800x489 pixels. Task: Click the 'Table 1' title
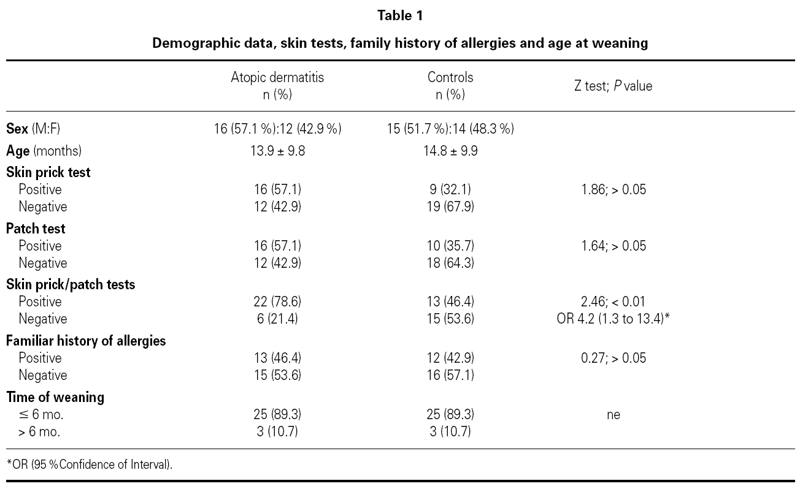pos(400,16)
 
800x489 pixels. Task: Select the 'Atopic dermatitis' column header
pos(277,78)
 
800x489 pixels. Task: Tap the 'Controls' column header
pos(450,78)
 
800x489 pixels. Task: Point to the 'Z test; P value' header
pos(613,86)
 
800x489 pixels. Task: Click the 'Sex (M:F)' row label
pos(33,129)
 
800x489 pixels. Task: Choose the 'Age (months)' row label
pos(44,151)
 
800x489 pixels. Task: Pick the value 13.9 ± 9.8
pos(277,151)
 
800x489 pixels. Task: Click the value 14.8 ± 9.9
pos(450,151)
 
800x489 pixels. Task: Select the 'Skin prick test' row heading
pos(48,172)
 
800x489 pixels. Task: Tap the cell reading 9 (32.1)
pos(450,189)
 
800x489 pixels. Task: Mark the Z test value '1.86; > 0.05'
pos(613,189)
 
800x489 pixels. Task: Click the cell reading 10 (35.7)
pos(450,246)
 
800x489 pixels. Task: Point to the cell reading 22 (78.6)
pos(277,301)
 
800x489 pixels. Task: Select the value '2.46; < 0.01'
pos(613,301)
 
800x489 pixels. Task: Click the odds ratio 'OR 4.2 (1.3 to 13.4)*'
pos(613,319)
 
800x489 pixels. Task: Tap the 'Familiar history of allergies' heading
pos(86,341)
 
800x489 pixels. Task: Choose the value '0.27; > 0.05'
pos(613,358)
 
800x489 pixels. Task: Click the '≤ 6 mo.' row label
pos(41,414)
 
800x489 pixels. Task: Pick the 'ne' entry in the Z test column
pos(613,414)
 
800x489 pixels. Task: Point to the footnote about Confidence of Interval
pos(90,464)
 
